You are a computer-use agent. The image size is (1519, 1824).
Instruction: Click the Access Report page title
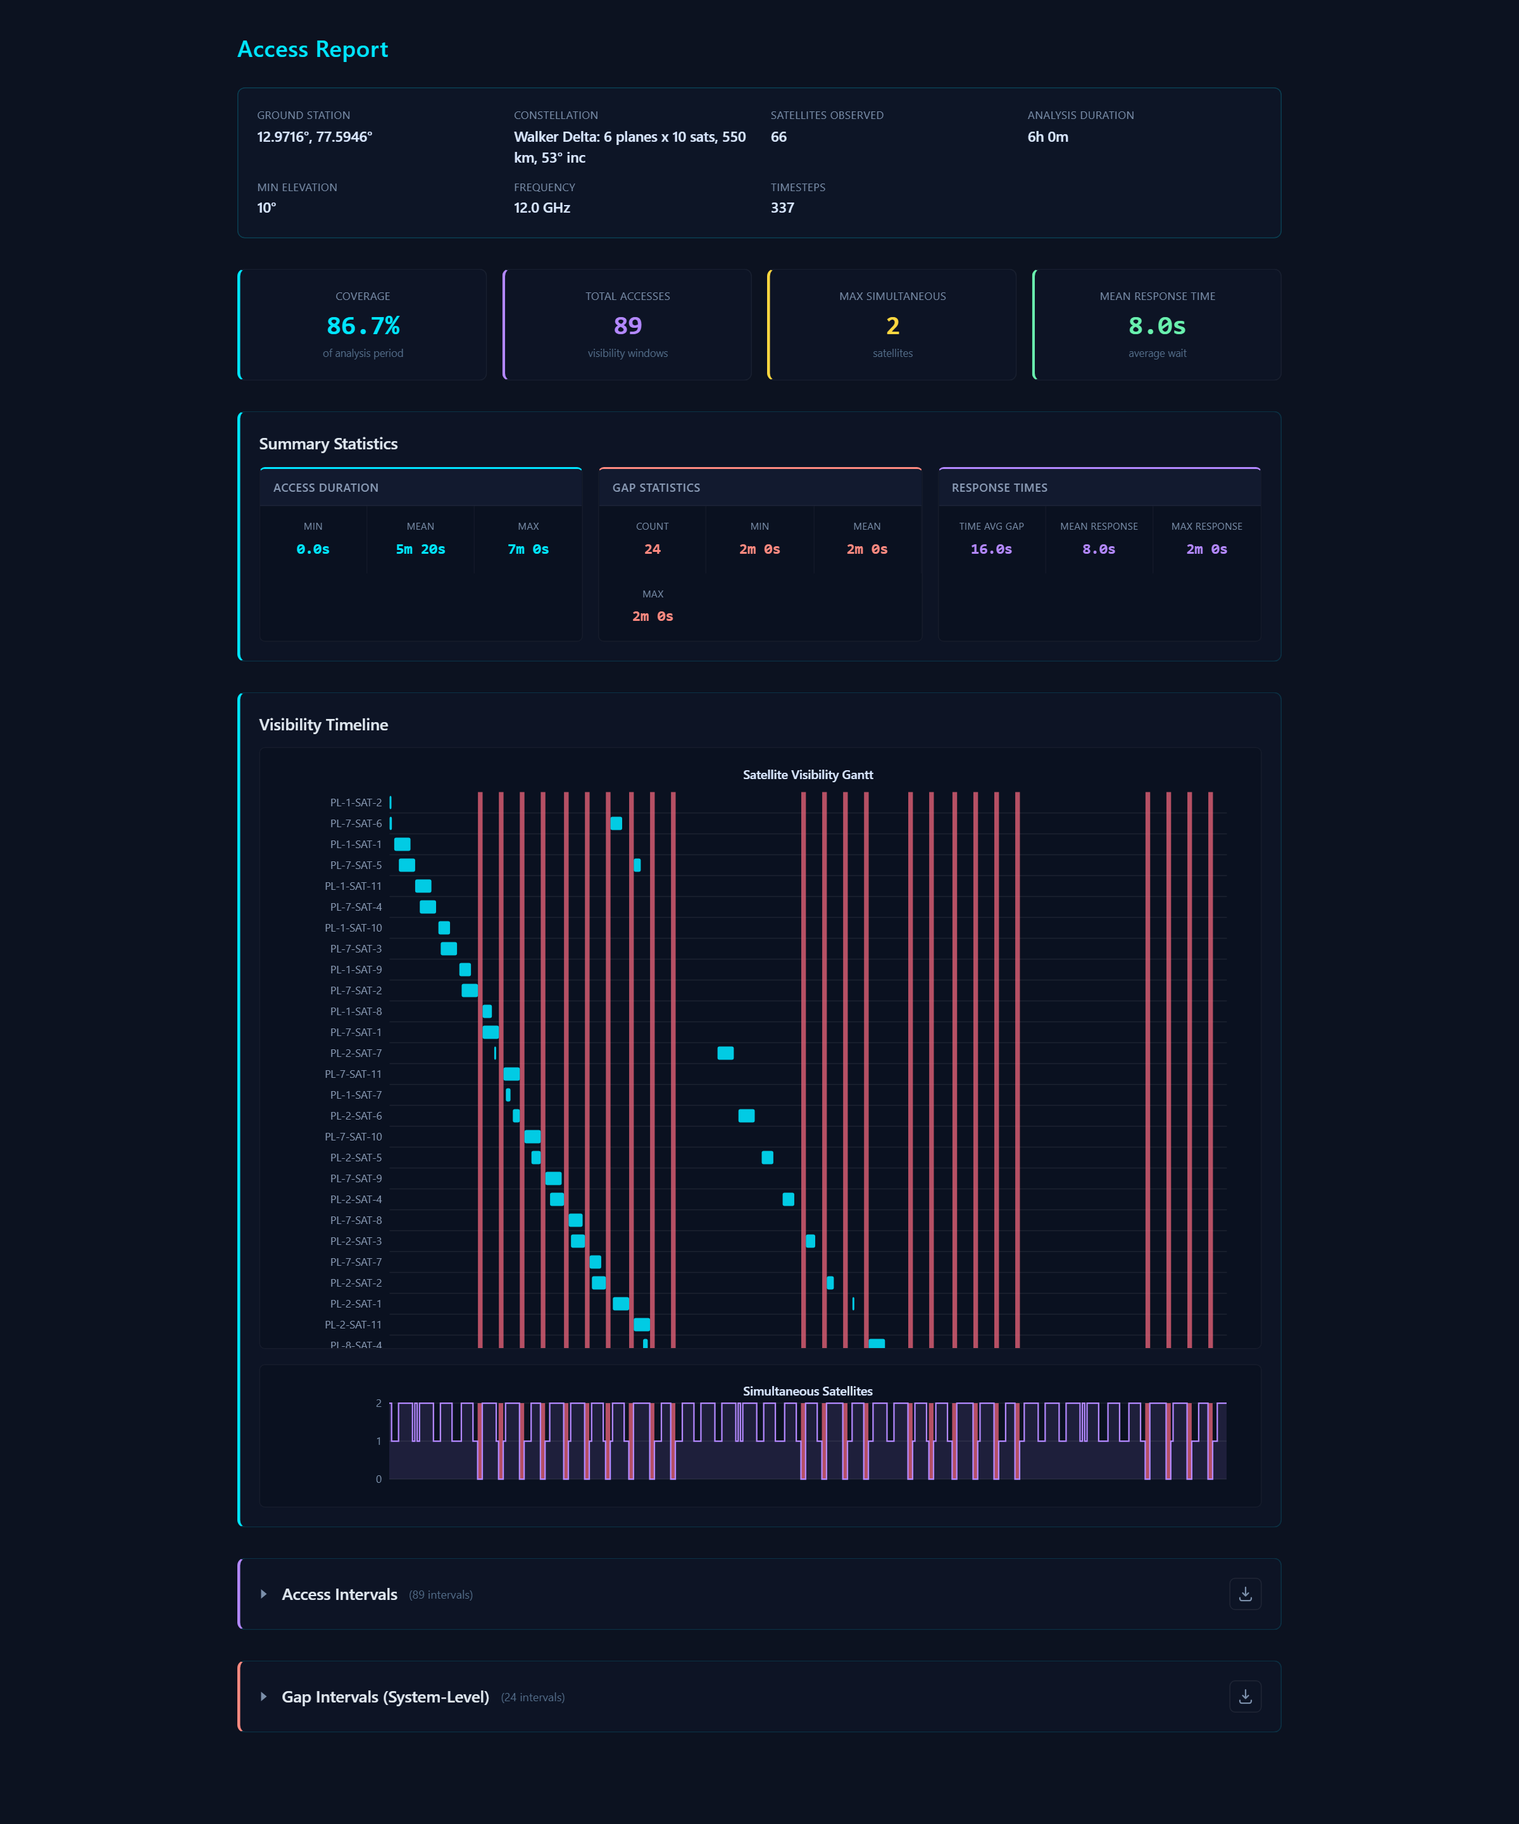tap(313, 49)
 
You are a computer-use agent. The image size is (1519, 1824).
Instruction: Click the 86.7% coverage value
tap(363, 326)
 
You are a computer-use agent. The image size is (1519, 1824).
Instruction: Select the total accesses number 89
tap(627, 326)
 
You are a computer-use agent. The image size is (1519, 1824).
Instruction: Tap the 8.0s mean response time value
tap(1157, 326)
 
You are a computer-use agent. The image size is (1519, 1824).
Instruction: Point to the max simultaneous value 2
tap(892, 326)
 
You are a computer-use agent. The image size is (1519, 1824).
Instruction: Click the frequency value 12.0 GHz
tap(542, 208)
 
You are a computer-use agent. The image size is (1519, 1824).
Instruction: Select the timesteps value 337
tap(782, 208)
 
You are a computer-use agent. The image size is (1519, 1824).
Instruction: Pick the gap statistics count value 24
tap(653, 549)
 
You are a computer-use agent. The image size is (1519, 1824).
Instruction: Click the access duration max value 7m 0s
tap(528, 549)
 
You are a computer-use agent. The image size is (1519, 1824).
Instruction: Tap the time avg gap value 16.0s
tap(991, 549)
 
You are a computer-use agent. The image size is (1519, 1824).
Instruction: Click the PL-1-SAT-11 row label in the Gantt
tap(353, 886)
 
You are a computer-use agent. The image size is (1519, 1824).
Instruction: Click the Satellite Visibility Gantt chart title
tap(808, 775)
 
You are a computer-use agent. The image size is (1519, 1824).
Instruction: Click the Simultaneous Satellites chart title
tap(808, 1390)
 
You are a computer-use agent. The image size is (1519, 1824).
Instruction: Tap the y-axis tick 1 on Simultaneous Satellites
tap(378, 1441)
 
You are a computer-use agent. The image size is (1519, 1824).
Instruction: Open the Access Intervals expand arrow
tap(263, 1594)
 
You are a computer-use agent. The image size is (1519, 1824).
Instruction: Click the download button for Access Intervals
tap(1244, 1594)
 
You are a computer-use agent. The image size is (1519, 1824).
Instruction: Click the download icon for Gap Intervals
tap(1244, 1696)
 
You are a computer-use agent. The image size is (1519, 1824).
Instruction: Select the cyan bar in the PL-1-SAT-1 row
tap(402, 844)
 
